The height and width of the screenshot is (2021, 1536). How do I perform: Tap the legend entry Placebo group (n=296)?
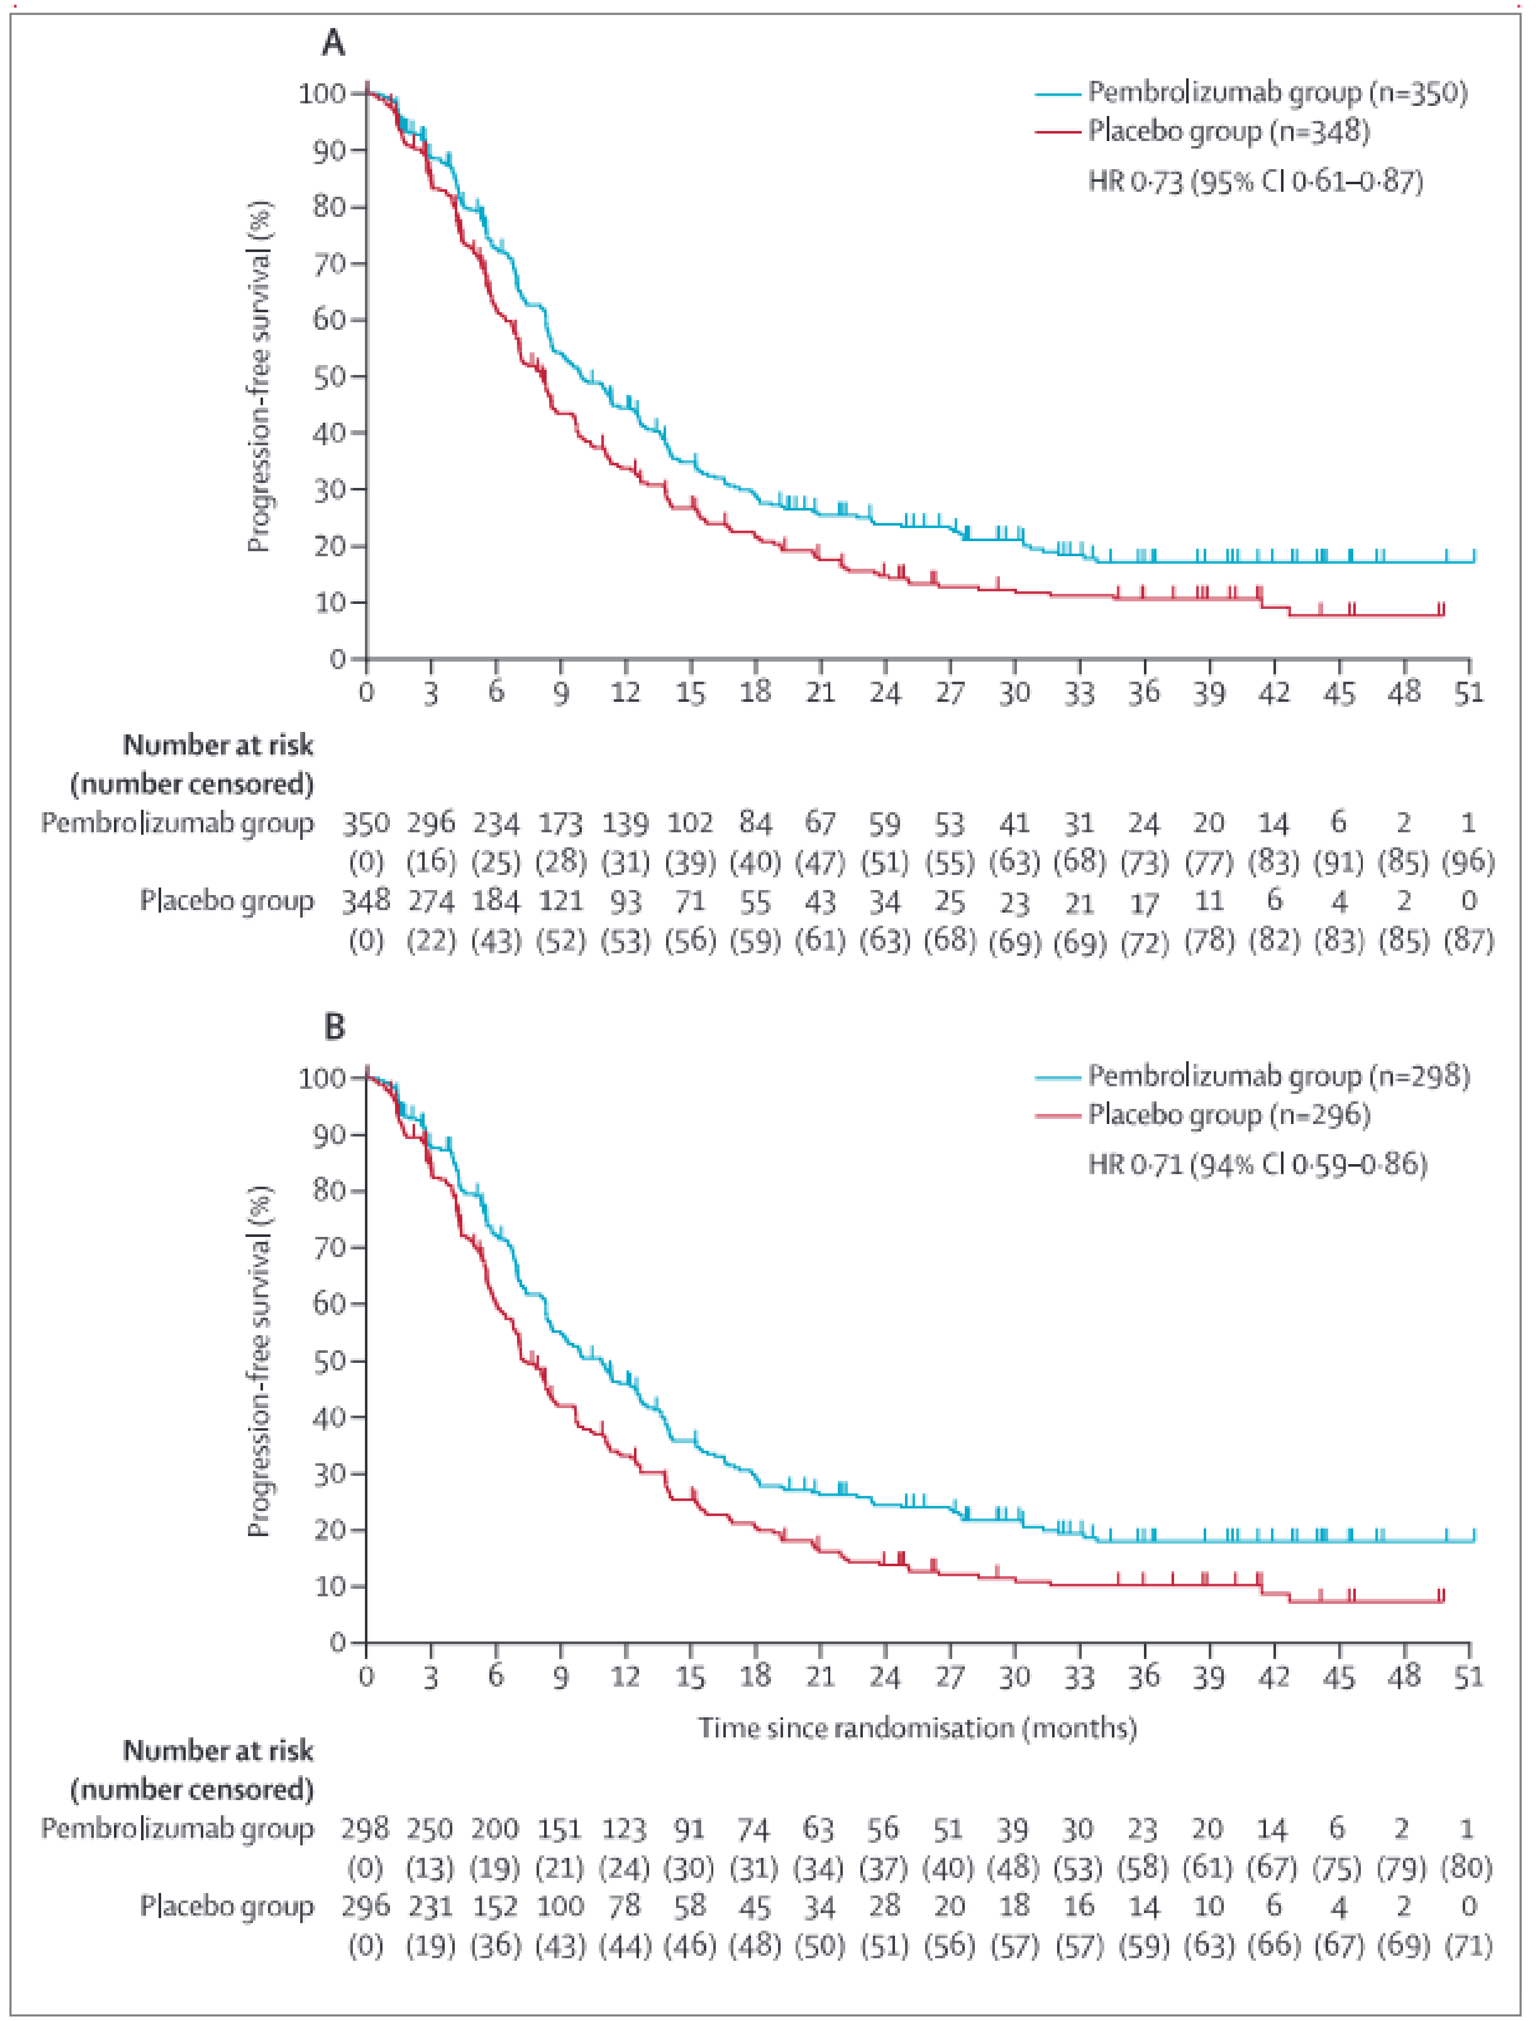(x=1228, y=1115)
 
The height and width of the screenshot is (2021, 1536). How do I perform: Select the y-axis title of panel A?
(x=259, y=376)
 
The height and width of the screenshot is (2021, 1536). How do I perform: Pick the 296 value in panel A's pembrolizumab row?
(x=431, y=824)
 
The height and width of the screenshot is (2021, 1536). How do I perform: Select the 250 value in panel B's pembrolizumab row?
(x=430, y=1829)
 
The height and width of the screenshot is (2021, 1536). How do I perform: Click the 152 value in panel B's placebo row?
(x=494, y=1907)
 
